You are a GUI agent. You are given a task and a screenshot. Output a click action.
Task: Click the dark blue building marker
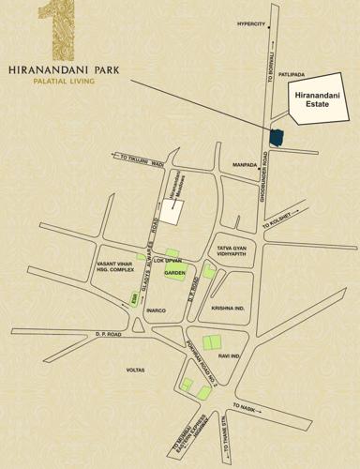point(276,137)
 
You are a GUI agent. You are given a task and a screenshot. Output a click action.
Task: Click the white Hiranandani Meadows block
point(171,208)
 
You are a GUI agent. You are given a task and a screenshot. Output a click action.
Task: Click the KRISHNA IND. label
point(228,308)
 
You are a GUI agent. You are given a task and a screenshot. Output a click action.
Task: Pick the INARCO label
point(155,310)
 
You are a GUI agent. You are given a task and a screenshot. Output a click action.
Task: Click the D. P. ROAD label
point(109,334)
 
